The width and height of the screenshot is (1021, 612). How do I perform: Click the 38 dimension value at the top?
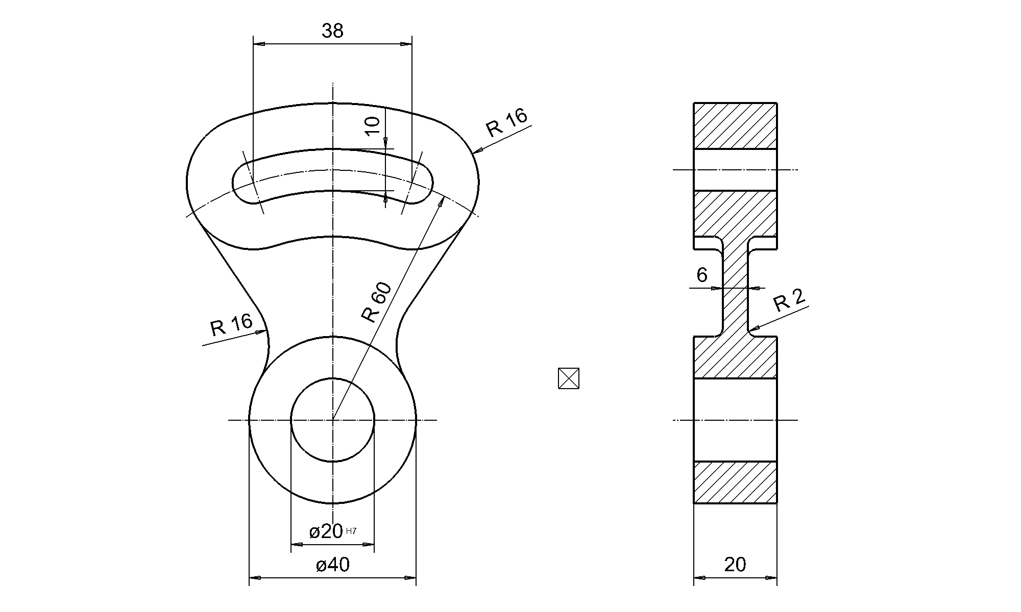pyautogui.click(x=332, y=32)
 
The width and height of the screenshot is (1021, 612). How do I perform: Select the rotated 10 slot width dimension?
pyautogui.click(x=373, y=125)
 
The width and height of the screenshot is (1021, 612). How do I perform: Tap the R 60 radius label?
pyautogui.click(x=377, y=302)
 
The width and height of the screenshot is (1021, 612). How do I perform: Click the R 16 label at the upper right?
pyautogui.click(x=506, y=122)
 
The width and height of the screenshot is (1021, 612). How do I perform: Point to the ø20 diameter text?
pyautogui.click(x=326, y=532)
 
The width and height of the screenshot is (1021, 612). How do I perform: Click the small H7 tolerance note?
pyautogui.click(x=351, y=531)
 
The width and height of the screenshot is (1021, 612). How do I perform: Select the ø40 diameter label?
pyautogui.click(x=332, y=565)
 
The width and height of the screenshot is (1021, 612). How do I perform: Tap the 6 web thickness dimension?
pyautogui.click(x=702, y=275)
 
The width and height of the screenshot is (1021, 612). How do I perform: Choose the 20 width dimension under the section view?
pyautogui.click(x=735, y=565)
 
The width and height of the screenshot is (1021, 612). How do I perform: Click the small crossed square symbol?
pyautogui.click(x=569, y=378)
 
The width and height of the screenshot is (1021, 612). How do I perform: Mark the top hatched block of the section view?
pyautogui.click(x=735, y=126)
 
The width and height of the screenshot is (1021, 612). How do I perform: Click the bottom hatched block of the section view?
pyautogui.click(x=735, y=482)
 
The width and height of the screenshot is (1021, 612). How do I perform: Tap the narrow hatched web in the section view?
pyautogui.click(x=735, y=286)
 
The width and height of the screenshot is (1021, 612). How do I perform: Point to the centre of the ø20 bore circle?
pyautogui.click(x=332, y=420)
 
